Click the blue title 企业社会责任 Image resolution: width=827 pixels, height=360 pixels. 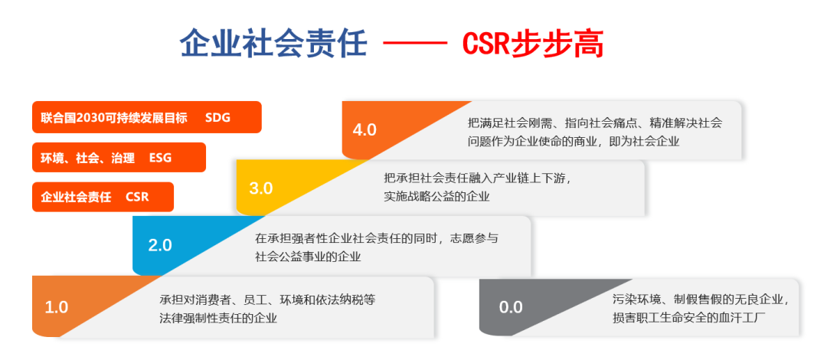tap(273, 44)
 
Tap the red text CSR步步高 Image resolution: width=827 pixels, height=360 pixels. tap(533, 44)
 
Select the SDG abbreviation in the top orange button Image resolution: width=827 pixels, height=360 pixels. tap(217, 117)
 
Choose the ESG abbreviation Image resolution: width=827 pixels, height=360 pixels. tap(160, 157)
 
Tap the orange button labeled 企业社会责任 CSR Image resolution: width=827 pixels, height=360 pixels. tap(103, 197)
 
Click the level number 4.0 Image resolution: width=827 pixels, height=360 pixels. tap(364, 130)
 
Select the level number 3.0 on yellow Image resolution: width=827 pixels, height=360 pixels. tap(260, 188)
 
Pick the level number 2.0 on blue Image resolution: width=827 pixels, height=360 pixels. tap(160, 245)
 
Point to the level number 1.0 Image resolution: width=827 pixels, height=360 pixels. tap(57, 307)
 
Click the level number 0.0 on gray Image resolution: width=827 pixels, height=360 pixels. tap(511, 307)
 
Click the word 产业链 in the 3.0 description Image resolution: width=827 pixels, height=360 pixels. tap(505, 179)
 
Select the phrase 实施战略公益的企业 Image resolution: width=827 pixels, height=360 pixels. tap(437, 198)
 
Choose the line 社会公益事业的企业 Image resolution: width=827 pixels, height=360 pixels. tap(308, 257)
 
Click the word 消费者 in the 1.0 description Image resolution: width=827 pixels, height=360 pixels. tap(213, 300)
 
